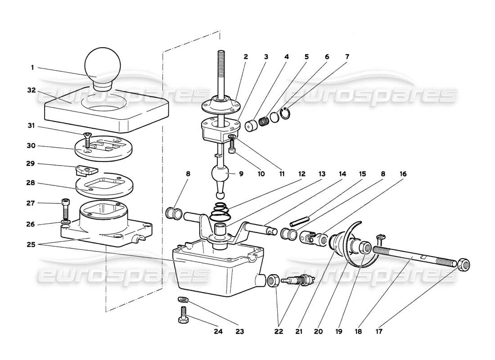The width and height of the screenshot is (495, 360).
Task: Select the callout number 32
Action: tap(31, 90)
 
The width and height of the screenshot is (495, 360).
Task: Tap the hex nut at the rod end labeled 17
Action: tap(463, 266)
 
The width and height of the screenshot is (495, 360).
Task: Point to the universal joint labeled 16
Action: tap(310, 237)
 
